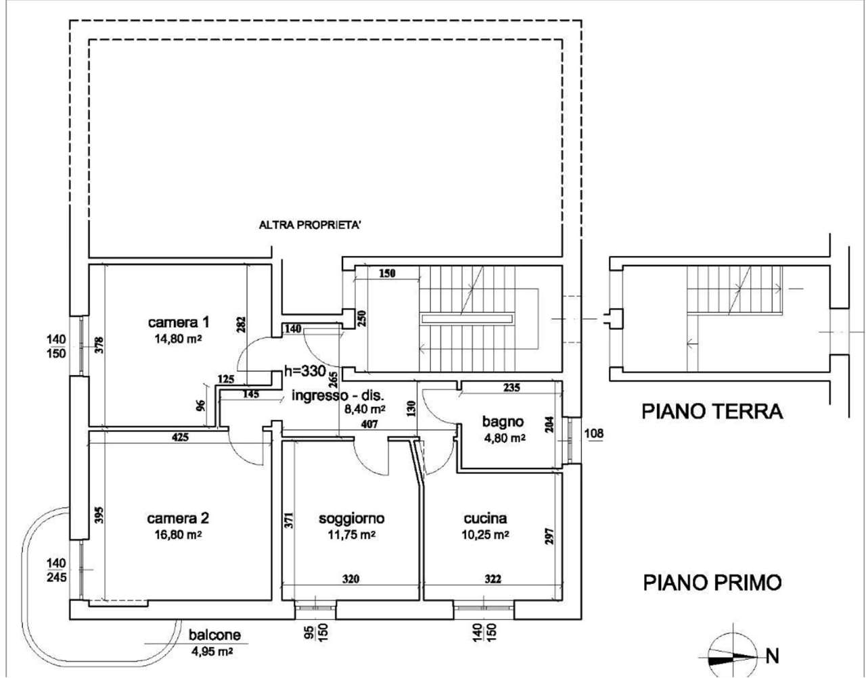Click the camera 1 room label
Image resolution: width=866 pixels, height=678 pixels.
[x=178, y=322]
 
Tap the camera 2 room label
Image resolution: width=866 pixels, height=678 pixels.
[x=178, y=518]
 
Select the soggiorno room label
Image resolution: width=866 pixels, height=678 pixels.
[x=352, y=518]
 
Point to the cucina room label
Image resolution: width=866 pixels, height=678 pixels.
[x=485, y=518]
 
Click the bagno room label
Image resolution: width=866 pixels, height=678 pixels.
[x=503, y=422]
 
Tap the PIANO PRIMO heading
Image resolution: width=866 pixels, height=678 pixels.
[x=712, y=583]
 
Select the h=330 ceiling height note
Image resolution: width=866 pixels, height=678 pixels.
[x=305, y=371]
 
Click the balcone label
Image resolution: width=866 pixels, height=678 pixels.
[x=214, y=635]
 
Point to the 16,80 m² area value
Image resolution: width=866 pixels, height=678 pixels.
[x=178, y=534]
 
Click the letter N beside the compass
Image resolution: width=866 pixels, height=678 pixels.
[x=773, y=656]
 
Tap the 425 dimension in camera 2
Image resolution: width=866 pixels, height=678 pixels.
[x=180, y=437]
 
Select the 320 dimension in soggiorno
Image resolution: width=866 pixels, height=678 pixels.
[x=350, y=579]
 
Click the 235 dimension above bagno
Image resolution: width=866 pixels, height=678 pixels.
[x=511, y=387]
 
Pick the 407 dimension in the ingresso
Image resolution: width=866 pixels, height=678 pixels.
[x=369, y=425]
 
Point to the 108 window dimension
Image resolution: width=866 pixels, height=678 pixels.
[x=594, y=433]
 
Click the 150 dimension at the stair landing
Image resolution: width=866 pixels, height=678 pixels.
[x=387, y=273]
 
